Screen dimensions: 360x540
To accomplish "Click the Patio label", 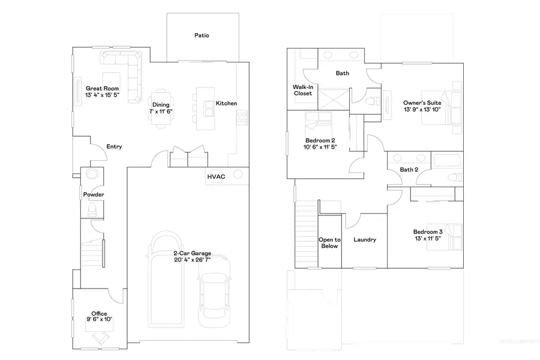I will [202, 35].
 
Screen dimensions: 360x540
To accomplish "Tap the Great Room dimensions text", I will [103, 95].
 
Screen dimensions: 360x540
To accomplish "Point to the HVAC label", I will [216, 177].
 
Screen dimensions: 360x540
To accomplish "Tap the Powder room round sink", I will [93, 175].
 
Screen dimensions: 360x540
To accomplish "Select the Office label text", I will [99, 314].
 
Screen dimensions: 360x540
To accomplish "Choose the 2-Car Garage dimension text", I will [192, 260].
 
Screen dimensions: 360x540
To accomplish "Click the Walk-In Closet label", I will [302, 90].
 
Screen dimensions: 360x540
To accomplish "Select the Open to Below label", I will [328, 242].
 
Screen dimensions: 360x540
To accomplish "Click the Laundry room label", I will [365, 240].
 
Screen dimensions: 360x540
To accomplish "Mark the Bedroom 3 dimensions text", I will [427, 239].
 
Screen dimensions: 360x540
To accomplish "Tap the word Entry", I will [114, 147].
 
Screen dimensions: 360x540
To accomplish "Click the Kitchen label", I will [226, 103].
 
